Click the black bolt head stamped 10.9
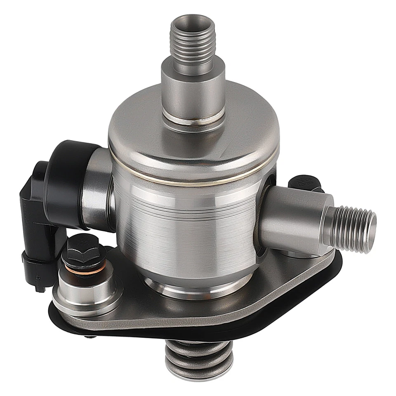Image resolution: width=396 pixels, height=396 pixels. (304, 184)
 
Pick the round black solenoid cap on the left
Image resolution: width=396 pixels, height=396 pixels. (66, 181)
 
